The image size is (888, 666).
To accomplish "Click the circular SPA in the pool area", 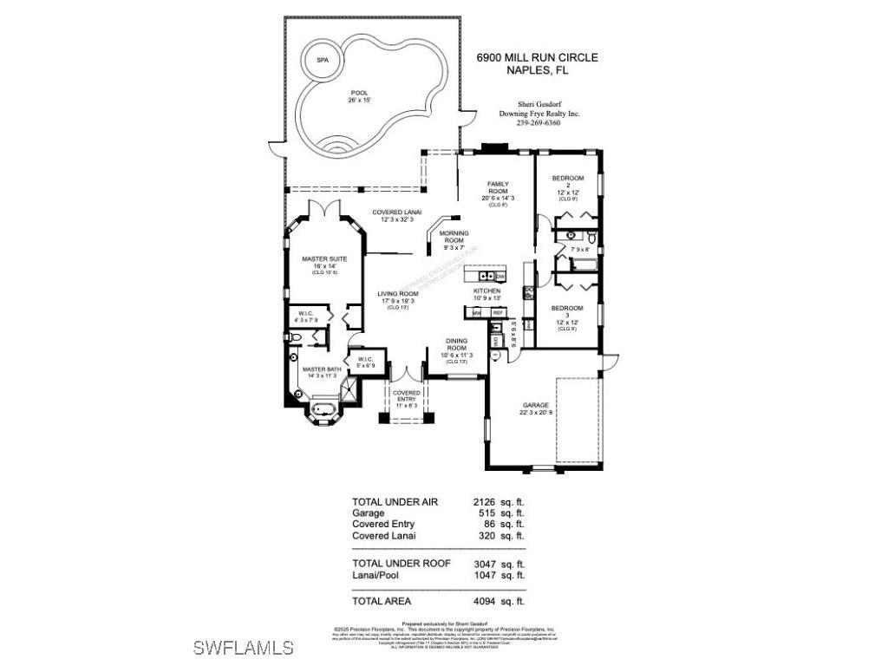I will click(323, 60).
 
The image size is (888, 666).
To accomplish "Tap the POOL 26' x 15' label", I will click(359, 96).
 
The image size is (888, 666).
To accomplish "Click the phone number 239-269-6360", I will click(538, 123).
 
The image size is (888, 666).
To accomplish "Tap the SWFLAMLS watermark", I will click(243, 647).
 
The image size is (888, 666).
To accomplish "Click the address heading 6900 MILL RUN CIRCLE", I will click(538, 58).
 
